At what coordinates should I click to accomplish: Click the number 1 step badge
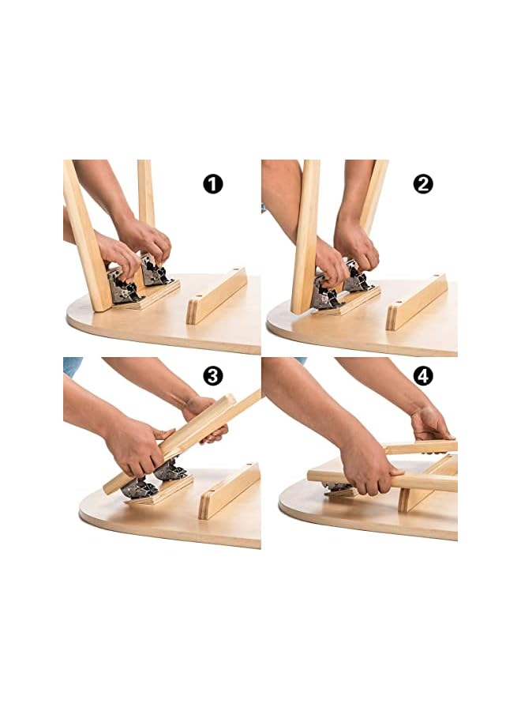click(x=212, y=185)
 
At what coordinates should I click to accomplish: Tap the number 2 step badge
click(x=423, y=185)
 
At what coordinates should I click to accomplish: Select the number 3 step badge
click(x=212, y=376)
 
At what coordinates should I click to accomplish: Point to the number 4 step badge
click(x=423, y=376)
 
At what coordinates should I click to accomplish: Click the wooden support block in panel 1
click(x=216, y=296)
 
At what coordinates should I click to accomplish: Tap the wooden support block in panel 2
click(x=416, y=302)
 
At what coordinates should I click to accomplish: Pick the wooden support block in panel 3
click(x=229, y=491)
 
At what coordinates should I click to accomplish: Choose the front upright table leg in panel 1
click(x=86, y=235)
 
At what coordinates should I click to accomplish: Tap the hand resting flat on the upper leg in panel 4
click(x=430, y=423)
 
